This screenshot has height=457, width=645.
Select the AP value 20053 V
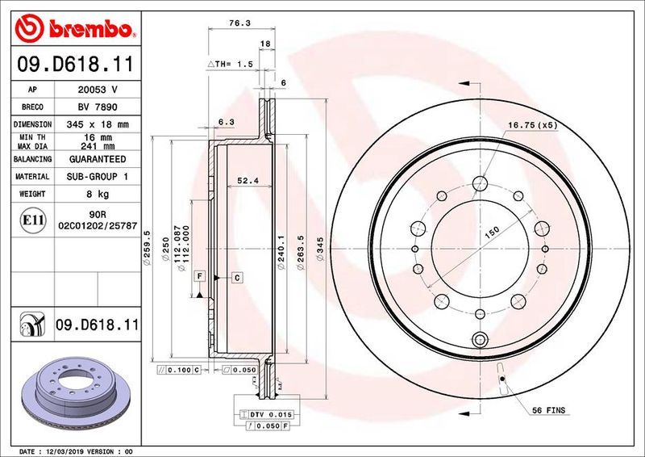click(98, 90)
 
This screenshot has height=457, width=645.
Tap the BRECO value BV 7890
click(98, 107)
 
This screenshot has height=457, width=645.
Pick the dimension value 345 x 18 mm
click(98, 125)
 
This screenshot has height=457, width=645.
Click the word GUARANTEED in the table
click(98, 159)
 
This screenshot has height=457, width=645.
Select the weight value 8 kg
click(98, 194)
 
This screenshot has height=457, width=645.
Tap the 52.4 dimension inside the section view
click(246, 180)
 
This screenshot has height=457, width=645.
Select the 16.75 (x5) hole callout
click(532, 124)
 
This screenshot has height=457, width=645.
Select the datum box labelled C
click(238, 278)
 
